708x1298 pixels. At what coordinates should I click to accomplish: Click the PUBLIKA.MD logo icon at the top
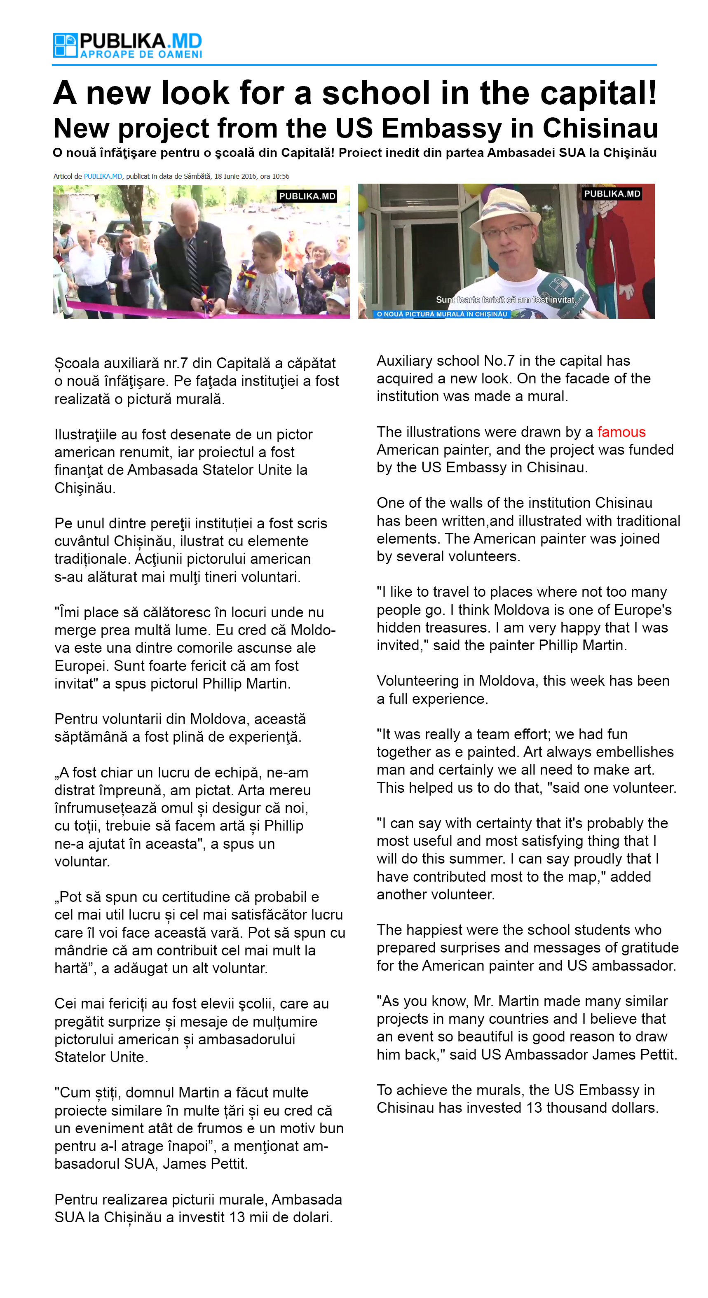[x=65, y=45]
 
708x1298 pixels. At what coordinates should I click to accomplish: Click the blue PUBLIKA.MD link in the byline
[x=103, y=176]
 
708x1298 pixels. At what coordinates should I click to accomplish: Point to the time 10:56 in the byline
[x=281, y=176]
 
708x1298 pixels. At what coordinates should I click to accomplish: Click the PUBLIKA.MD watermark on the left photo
[x=307, y=196]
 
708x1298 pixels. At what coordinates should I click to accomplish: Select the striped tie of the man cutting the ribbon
[x=193, y=261]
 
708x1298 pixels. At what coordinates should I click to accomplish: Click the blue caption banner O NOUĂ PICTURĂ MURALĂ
[x=442, y=314]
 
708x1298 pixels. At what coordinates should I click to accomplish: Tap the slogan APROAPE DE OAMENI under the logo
[x=141, y=54]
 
